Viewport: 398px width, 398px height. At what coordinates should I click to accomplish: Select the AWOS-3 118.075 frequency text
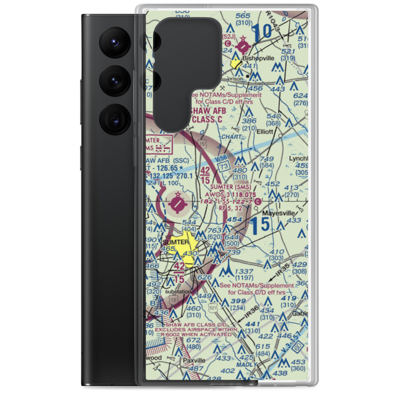(x=231, y=195)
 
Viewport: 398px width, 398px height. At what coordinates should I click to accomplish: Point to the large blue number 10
(x=262, y=33)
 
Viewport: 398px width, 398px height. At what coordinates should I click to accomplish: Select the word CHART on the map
(x=231, y=137)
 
